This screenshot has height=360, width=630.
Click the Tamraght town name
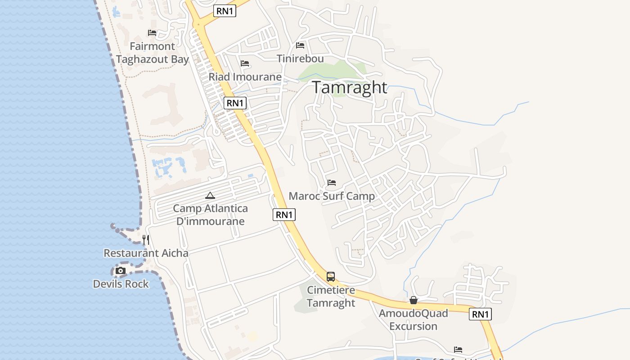coord(350,87)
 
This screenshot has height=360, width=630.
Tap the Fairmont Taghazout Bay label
coord(152,53)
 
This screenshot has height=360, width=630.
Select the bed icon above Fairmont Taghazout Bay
coord(152,33)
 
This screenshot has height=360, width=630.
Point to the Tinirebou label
coord(300,59)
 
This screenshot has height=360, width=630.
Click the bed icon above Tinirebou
coord(300,45)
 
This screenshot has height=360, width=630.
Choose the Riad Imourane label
coord(245,77)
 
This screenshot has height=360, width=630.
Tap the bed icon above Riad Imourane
coord(245,63)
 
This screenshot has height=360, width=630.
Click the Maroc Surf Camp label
coord(332,196)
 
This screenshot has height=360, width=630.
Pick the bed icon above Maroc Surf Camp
coord(332,183)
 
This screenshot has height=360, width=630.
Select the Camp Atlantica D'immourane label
coord(210,215)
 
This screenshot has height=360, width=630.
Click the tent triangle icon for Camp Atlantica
coord(210,196)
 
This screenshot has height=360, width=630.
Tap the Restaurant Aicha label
coord(146,253)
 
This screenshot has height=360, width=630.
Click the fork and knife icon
coord(146,240)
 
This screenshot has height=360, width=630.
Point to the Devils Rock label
coord(121,284)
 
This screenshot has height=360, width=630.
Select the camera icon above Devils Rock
coord(121,271)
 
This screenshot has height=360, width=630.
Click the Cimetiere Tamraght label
coord(331,297)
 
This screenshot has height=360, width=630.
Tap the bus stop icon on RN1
coord(331,277)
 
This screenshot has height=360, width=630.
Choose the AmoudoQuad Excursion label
coord(413,319)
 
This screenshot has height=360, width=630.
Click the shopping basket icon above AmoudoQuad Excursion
coord(414,300)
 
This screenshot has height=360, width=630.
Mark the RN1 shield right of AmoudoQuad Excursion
coord(480,314)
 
